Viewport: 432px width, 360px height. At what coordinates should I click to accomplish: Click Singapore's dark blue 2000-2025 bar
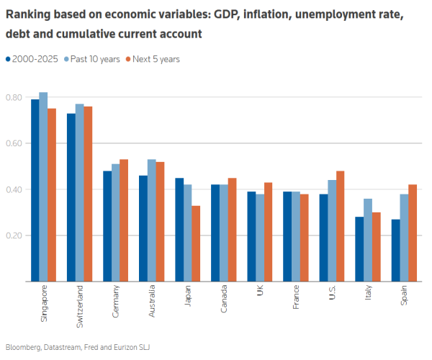pos(35,190)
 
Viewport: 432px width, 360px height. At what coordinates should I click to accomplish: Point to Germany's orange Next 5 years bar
pos(124,220)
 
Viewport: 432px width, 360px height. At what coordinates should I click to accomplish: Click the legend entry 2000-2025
pos(33,59)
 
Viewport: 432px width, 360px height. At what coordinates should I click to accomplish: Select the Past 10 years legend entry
pos(94,59)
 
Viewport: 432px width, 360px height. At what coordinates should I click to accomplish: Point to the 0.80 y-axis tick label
pos(14,97)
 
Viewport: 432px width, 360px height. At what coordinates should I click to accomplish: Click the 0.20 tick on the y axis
pos(14,235)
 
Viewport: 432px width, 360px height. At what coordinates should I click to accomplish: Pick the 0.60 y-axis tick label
pos(14,143)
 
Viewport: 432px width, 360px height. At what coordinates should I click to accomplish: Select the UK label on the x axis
pos(259,292)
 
